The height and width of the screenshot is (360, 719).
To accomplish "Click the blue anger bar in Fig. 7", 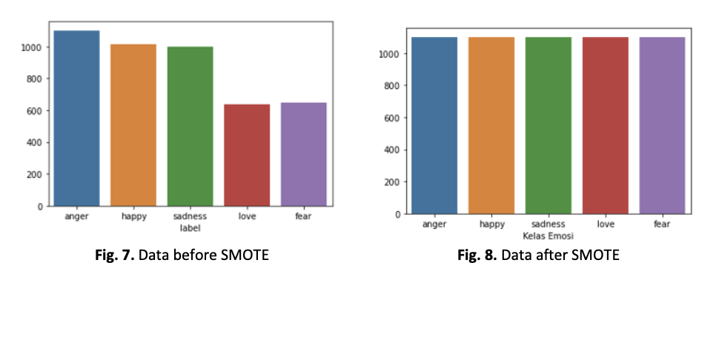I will [x=76, y=119].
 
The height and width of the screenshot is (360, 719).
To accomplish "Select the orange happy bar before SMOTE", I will [x=133, y=125].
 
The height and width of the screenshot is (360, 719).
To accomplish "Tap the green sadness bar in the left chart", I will [x=190, y=127].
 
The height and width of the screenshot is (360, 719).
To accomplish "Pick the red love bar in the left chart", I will [x=247, y=156].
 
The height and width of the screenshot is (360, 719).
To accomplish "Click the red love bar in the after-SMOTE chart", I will [x=605, y=126].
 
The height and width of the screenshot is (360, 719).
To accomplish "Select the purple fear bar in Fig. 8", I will [x=662, y=126].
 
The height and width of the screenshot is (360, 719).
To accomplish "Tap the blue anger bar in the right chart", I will [x=434, y=126].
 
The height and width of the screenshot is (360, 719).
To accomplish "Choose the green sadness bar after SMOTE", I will [x=548, y=126].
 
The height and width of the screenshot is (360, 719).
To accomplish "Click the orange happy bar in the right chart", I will [x=491, y=126].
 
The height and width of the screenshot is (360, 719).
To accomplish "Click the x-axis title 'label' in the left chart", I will [x=190, y=228].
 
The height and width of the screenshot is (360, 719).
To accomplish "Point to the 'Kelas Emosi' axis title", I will [x=548, y=236].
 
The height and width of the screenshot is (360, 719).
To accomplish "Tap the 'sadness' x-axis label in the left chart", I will [x=190, y=217].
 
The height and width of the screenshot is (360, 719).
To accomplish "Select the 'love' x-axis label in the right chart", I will [x=605, y=224].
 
